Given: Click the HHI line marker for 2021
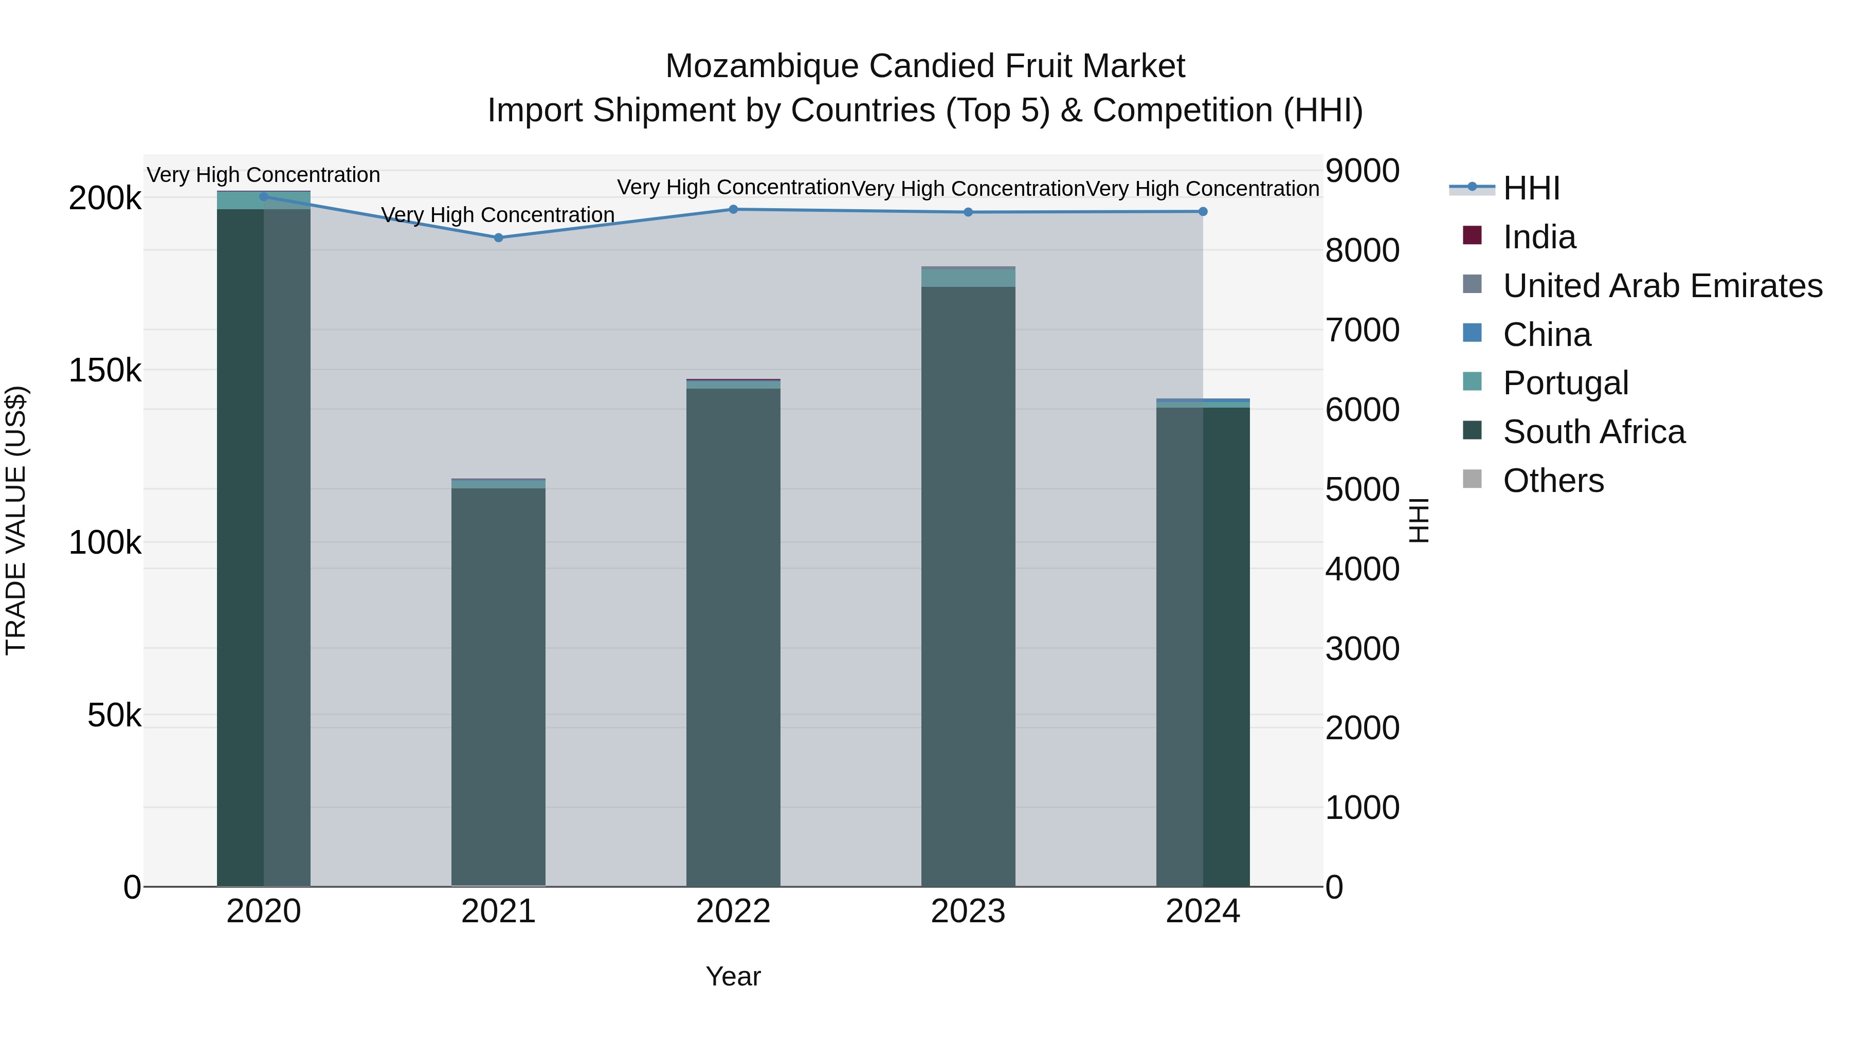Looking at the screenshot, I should pos(499,238).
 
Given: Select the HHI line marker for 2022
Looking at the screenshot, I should pos(734,210).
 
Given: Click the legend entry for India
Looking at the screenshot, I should pos(1538,237).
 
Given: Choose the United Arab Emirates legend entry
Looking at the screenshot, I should pos(1662,286).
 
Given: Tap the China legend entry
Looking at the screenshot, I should pos(1546,335).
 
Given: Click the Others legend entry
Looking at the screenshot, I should pos(1553,481).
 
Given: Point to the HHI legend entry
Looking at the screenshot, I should pos(1531,188).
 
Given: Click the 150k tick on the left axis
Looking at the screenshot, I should pos(105,371).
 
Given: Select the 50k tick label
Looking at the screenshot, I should pos(114,716).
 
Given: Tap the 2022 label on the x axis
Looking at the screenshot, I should pos(734,911).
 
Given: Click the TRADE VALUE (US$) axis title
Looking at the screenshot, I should pos(16,520).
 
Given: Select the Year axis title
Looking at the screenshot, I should pos(734,976).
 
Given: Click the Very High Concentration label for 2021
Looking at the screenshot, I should pos(498,215).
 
